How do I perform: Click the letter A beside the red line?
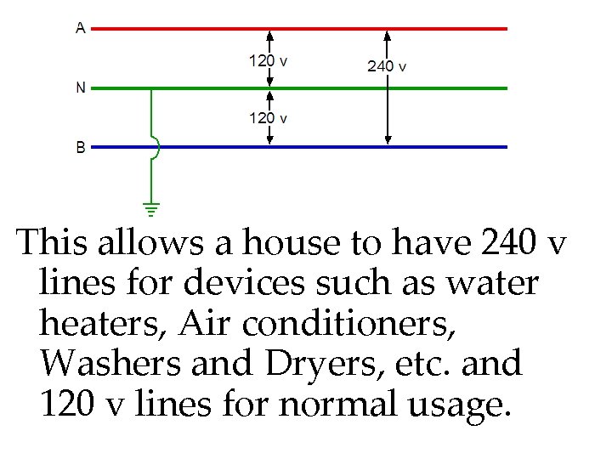coord(81,28)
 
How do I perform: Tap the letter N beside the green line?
coord(81,88)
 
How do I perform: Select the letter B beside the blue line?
coord(81,147)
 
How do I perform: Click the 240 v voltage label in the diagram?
coord(387,65)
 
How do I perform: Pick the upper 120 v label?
coord(268,60)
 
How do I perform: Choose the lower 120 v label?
coord(268,118)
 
